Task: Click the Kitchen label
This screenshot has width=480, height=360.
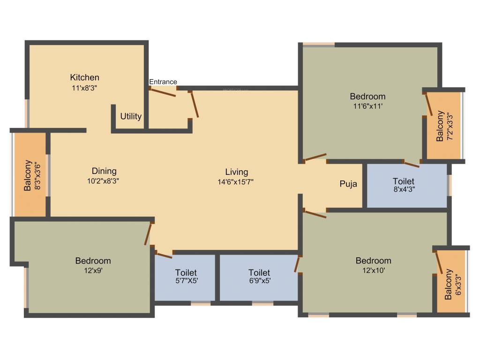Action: (x=84, y=77)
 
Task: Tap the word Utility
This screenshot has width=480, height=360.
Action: (x=131, y=116)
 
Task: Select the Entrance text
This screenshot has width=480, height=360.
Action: (x=163, y=82)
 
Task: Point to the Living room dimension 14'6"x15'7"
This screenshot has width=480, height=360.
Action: (x=236, y=181)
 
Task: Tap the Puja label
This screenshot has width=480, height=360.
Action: (x=348, y=184)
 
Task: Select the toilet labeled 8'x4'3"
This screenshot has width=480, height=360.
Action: (x=404, y=185)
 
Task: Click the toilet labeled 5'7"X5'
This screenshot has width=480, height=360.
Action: (x=186, y=277)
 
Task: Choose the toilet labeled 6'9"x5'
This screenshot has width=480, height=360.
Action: (x=259, y=277)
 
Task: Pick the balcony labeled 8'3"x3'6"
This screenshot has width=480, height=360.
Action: (x=30, y=175)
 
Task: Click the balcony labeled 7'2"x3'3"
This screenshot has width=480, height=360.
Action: (x=443, y=126)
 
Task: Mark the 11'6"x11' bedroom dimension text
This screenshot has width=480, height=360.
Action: (x=368, y=106)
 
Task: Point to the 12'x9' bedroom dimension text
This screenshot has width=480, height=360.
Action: (x=93, y=270)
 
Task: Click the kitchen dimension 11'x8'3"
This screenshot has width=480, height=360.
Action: (x=84, y=87)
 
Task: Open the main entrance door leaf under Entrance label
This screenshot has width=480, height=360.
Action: (x=162, y=92)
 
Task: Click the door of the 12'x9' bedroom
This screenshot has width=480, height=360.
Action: (x=149, y=233)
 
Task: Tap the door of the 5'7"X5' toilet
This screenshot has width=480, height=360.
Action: (x=163, y=255)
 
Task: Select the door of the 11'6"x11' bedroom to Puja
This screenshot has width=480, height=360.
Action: (x=315, y=157)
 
